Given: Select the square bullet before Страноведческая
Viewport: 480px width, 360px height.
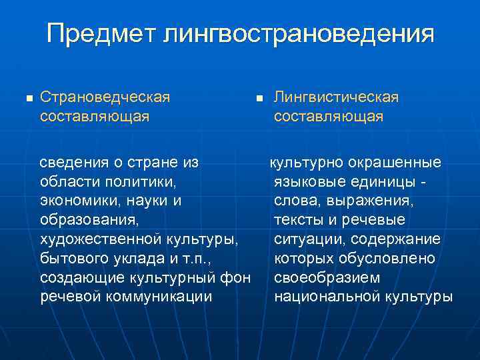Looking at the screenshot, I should tap(27, 99).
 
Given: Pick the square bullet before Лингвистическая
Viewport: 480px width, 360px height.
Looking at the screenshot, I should tap(261, 99).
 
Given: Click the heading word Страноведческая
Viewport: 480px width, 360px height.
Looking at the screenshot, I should tap(105, 97).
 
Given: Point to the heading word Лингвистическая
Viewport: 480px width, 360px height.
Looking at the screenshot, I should tap(337, 97).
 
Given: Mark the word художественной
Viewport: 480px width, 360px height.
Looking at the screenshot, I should tap(97, 239).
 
